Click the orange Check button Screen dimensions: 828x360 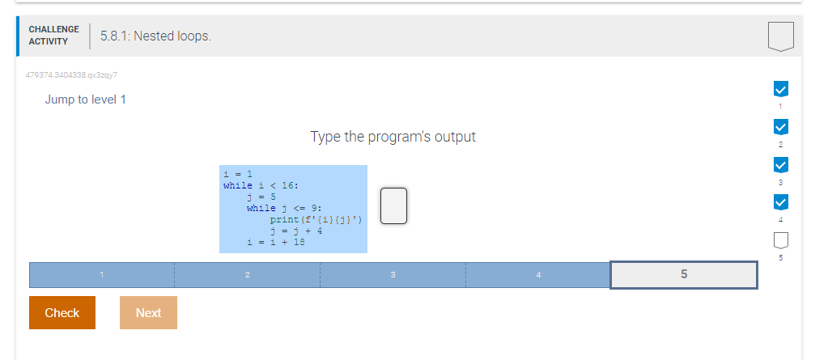pos(62,312)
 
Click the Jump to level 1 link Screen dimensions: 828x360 pos(86,100)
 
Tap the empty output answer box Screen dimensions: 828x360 pos(393,205)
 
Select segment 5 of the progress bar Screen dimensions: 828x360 pos(684,274)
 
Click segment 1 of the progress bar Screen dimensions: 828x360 pos(102,274)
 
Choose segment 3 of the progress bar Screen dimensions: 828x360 pos(393,274)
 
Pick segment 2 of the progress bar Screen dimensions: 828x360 pos(247,274)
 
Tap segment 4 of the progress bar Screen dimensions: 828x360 pos(538,274)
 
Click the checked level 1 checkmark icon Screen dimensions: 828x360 pos(781,89)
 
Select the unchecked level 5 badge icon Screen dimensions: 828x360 pos(781,240)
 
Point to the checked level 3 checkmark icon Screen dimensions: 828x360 pos(781,165)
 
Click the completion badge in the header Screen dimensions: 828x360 pos(781,36)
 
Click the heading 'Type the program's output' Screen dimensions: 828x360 pos(393,137)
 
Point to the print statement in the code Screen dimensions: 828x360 pos(316,219)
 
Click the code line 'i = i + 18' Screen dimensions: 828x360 pos(276,242)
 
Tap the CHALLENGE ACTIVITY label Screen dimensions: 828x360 pos(54,36)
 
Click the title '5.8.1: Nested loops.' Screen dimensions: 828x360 pos(155,36)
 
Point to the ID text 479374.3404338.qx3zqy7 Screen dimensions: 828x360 pos(71,75)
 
